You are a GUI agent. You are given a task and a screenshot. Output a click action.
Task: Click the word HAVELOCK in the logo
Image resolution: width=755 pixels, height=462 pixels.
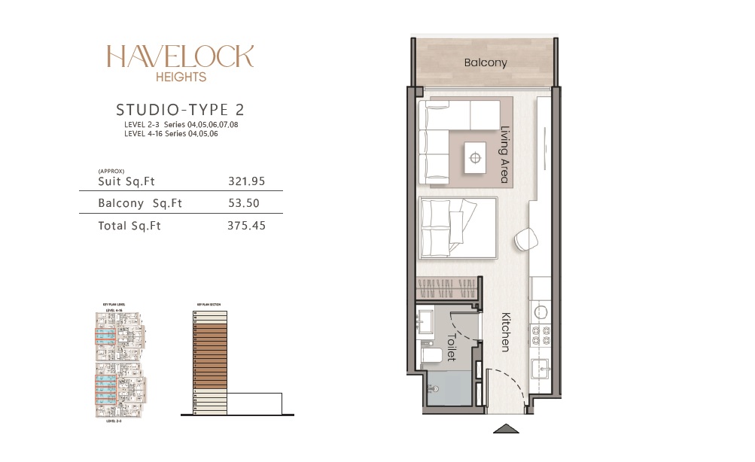(x=180, y=56)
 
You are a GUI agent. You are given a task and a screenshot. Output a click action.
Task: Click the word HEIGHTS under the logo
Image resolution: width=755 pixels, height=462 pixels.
(x=180, y=76)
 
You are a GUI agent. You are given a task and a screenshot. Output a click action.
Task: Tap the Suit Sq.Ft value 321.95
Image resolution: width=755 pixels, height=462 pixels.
(x=246, y=181)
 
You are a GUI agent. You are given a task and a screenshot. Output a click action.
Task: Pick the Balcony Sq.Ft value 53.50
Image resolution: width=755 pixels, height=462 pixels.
(x=246, y=203)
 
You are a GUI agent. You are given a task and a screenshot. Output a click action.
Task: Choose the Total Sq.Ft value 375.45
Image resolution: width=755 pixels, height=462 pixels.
(x=246, y=225)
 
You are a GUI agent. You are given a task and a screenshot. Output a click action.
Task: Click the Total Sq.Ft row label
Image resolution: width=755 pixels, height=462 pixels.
(x=129, y=225)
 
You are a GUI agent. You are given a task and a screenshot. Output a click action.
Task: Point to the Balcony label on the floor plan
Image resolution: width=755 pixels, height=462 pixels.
(x=486, y=63)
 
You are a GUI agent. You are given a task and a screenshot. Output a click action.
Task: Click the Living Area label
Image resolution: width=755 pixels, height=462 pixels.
(x=505, y=154)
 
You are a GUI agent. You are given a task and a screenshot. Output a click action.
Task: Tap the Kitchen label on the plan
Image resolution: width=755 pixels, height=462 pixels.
(x=504, y=332)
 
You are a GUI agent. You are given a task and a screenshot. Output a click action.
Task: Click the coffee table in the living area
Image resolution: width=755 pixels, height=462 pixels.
(x=475, y=158)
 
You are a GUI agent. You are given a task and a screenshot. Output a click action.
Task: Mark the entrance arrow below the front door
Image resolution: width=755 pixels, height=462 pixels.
(x=506, y=429)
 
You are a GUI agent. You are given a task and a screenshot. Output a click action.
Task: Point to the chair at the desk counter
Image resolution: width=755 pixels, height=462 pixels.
(x=526, y=240)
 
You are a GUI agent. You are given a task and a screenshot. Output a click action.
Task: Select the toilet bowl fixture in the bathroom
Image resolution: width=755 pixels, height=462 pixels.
(x=431, y=354)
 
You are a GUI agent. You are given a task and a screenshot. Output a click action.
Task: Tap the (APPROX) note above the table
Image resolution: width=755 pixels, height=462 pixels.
(x=111, y=171)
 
